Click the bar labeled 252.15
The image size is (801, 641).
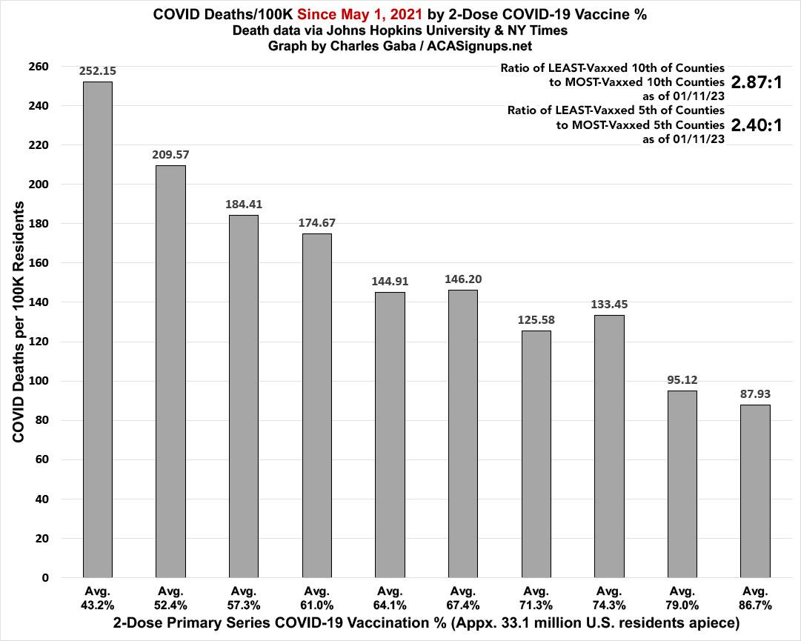pyautogui.click(x=97, y=330)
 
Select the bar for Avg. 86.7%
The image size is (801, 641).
pyautogui.click(x=755, y=491)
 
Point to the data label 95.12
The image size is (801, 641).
pyautogui.click(x=682, y=380)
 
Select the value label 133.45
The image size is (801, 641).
pyautogui.click(x=609, y=305)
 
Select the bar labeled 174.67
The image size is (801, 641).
pyautogui.click(x=316, y=405)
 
